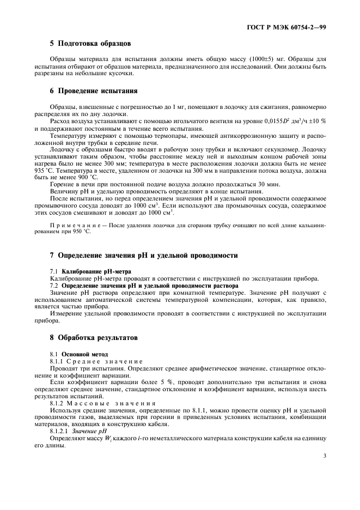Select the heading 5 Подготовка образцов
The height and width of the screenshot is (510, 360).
(x=90, y=43)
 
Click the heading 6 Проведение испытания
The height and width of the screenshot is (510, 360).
(x=93, y=90)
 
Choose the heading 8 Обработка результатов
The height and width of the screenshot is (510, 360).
(x=94, y=338)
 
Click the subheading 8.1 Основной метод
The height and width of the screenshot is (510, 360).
(x=79, y=354)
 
